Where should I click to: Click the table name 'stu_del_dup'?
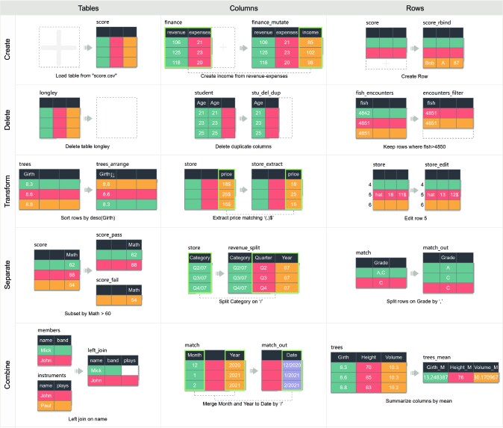266,93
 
